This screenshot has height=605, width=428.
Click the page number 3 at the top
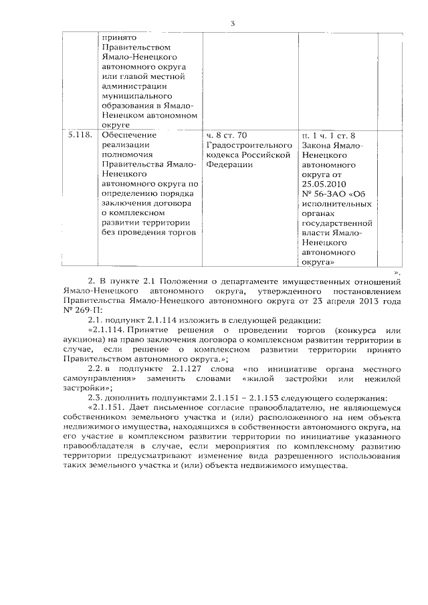pos(233,24)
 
